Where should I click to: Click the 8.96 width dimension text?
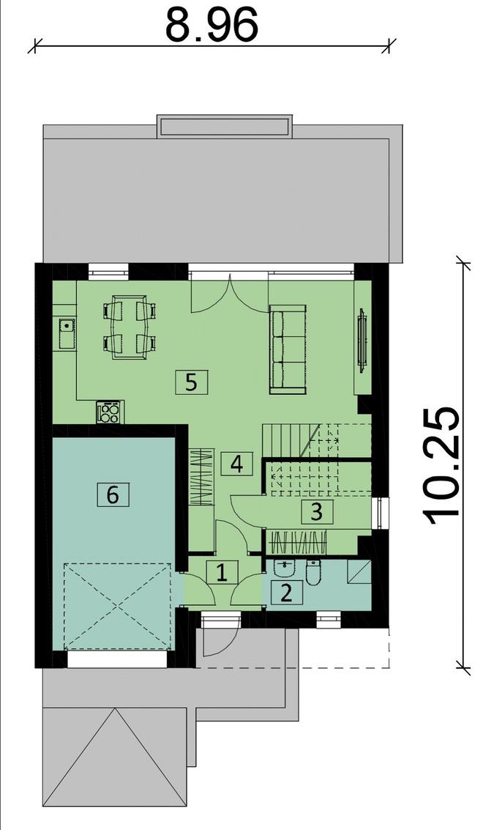(x=211, y=24)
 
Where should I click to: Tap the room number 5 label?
(x=192, y=382)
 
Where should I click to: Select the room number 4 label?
(x=237, y=464)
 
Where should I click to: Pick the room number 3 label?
(x=317, y=511)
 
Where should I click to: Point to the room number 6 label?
(x=113, y=495)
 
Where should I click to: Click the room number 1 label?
(x=222, y=573)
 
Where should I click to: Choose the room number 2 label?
(x=286, y=593)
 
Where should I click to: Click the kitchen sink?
(x=67, y=333)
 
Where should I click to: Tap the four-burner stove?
(x=110, y=412)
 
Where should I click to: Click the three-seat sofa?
(x=288, y=349)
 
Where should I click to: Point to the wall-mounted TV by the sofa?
(x=362, y=341)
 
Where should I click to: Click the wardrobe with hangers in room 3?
(x=299, y=542)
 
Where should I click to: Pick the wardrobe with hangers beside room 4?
(x=201, y=478)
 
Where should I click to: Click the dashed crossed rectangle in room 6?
(x=117, y=607)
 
